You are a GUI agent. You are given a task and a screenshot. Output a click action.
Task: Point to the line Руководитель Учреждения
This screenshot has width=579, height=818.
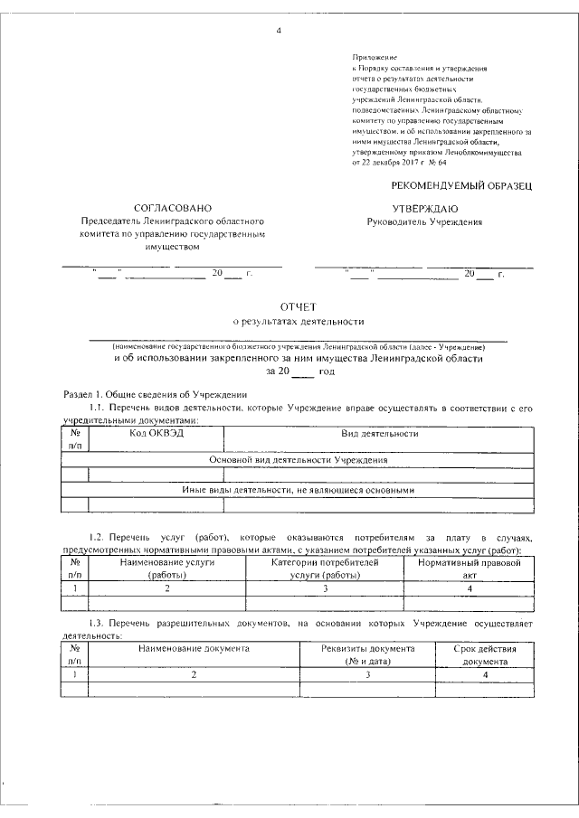[x=424, y=221]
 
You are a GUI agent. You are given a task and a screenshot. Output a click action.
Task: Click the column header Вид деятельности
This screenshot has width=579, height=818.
[x=379, y=434]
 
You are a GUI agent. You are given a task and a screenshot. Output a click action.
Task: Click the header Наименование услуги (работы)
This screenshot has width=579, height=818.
[x=166, y=568]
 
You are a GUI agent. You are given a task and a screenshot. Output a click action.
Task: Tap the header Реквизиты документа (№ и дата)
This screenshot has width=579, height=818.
[x=368, y=654]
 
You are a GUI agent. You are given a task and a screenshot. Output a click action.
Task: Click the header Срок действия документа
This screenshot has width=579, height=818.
[x=486, y=654]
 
